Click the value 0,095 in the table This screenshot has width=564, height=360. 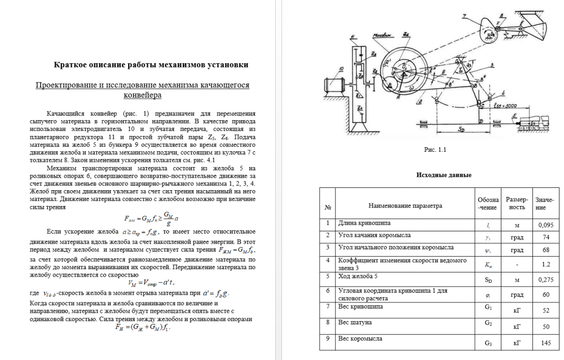(x=544, y=225)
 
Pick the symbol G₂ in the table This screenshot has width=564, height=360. (x=488, y=323)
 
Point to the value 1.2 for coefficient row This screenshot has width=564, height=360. (x=544, y=264)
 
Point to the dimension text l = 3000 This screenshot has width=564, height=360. (x=504, y=105)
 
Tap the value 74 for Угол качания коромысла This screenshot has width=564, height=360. (x=544, y=237)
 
